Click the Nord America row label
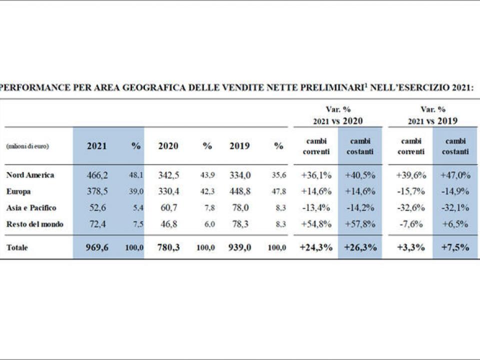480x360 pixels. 30,175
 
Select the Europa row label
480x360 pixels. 19,191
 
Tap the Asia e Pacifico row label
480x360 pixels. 31,208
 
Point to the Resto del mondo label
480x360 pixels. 34,224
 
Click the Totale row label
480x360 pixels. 17,247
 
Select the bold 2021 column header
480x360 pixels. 96,146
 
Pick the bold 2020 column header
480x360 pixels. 168,146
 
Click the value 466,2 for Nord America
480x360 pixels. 97,175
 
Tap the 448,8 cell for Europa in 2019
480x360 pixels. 240,191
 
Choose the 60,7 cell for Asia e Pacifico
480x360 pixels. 170,208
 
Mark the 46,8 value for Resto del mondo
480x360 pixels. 170,224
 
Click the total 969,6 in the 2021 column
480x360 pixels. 97,247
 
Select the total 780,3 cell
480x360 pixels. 168,247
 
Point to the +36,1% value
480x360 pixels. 316,175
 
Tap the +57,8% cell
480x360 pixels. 360,224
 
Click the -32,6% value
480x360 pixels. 410,208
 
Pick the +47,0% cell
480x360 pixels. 455,175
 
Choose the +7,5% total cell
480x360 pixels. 455,247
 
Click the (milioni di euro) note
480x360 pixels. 27,146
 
